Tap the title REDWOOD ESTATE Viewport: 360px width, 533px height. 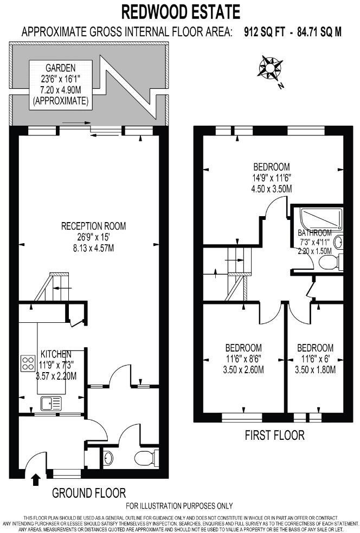(x=179, y=11)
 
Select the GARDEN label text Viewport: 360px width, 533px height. (x=60, y=68)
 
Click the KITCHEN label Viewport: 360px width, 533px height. (x=56, y=354)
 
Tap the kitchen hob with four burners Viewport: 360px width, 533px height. (x=28, y=362)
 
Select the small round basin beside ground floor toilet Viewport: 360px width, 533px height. (x=107, y=458)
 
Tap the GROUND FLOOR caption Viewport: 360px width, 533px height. (x=89, y=493)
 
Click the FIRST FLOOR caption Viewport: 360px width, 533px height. (x=274, y=435)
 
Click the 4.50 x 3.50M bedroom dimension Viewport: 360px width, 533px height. (x=272, y=189)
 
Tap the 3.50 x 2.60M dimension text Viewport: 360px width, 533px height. (x=243, y=370)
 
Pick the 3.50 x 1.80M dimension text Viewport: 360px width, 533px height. (x=315, y=370)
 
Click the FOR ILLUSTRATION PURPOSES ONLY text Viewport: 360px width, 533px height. (x=179, y=506)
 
